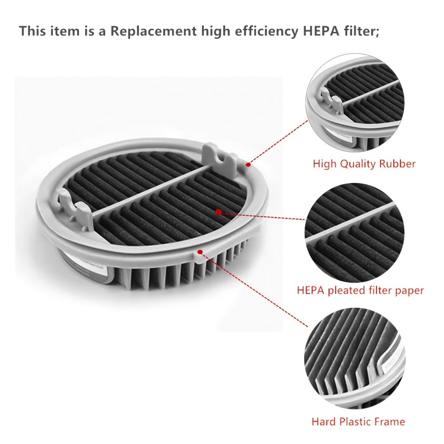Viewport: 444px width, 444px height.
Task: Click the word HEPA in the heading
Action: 321,31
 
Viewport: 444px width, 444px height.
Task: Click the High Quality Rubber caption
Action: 364,164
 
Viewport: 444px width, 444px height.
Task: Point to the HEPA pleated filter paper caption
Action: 360,290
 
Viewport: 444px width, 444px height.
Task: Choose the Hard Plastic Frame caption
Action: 358,422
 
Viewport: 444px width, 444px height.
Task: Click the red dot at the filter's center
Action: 218,211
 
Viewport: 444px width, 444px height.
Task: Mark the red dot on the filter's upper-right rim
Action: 248,164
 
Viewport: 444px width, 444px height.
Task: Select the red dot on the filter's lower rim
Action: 200,252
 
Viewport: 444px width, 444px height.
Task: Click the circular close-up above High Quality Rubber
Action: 355,103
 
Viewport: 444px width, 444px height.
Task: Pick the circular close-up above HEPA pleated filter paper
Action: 354,233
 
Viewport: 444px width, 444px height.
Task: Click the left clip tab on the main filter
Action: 75,207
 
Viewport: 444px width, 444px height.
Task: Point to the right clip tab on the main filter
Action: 221,157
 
